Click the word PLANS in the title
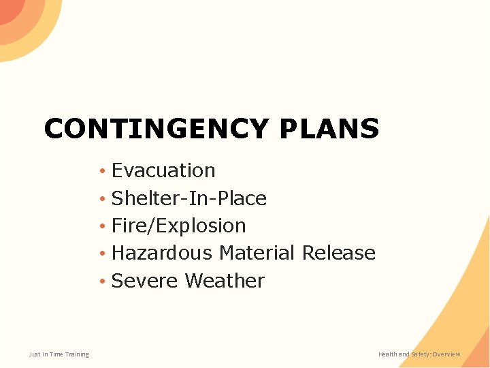click(x=328, y=129)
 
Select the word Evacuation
click(x=163, y=170)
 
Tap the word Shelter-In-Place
click(x=189, y=198)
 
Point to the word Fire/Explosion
click(x=178, y=226)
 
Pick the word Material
click(x=257, y=253)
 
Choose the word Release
click(x=338, y=253)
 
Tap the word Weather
click(x=224, y=281)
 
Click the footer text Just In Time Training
click(x=59, y=354)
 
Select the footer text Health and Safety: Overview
click(x=419, y=354)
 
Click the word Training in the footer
click(x=76, y=354)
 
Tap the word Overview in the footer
click(x=446, y=354)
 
